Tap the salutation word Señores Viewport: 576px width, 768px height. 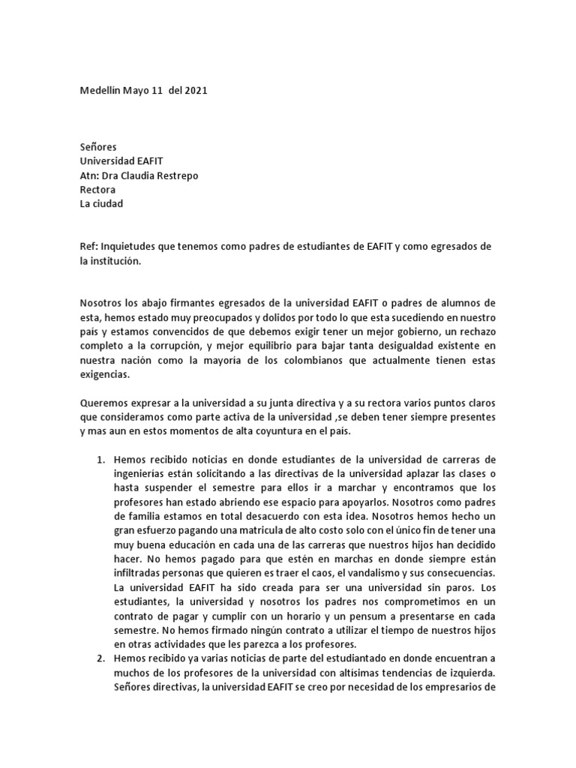coord(98,147)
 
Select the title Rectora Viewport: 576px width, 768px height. coord(98,190)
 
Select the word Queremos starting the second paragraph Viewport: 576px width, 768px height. coord(103,403)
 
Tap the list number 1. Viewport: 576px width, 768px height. coord(101,459)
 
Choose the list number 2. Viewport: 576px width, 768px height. coord(101,658)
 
